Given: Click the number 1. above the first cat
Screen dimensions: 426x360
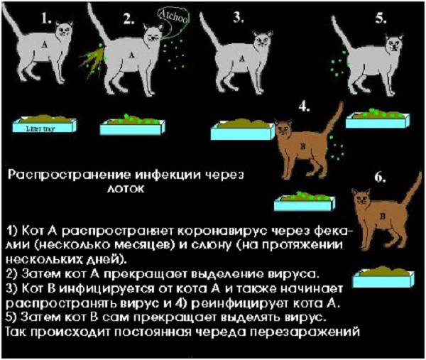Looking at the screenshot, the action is (46, 18).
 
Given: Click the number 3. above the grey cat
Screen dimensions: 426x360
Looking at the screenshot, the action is (238, 18).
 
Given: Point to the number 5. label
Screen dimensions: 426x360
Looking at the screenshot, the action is (381, 19).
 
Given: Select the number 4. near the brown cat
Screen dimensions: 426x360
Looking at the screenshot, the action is (305, 107).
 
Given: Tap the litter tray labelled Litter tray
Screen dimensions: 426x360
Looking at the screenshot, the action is (45, 124).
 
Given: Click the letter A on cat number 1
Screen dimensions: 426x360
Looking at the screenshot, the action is (44, 44).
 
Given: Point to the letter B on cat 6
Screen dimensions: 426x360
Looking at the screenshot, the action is (382, 217).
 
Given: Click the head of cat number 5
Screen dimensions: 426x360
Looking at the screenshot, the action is (394, 43).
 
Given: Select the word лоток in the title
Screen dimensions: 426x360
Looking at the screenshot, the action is (125, 189).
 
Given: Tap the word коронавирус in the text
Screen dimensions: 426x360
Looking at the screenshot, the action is (223, 231).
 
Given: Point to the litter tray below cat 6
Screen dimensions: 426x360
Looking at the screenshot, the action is (383, 277).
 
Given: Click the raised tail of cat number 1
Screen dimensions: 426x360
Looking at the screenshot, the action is (13, 21).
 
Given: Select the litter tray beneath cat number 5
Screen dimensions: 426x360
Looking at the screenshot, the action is (378, 119).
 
